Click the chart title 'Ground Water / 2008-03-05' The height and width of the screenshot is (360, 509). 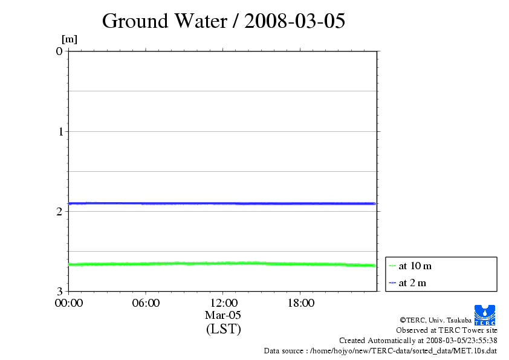click(224, 21)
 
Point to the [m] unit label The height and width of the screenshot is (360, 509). click(70, 39)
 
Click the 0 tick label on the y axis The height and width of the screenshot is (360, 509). click(59, 51)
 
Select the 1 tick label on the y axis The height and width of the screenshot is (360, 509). click(59, 131)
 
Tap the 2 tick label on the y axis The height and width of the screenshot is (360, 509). click(59, 211)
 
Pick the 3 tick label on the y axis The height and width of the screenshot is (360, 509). click(59, 291)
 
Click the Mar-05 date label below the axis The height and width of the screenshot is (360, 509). click(223, 315)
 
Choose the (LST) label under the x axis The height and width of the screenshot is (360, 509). click(223, 329)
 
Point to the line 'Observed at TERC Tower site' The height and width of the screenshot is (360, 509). click(447, 330)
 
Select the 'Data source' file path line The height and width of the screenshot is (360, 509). click(380, 350)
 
